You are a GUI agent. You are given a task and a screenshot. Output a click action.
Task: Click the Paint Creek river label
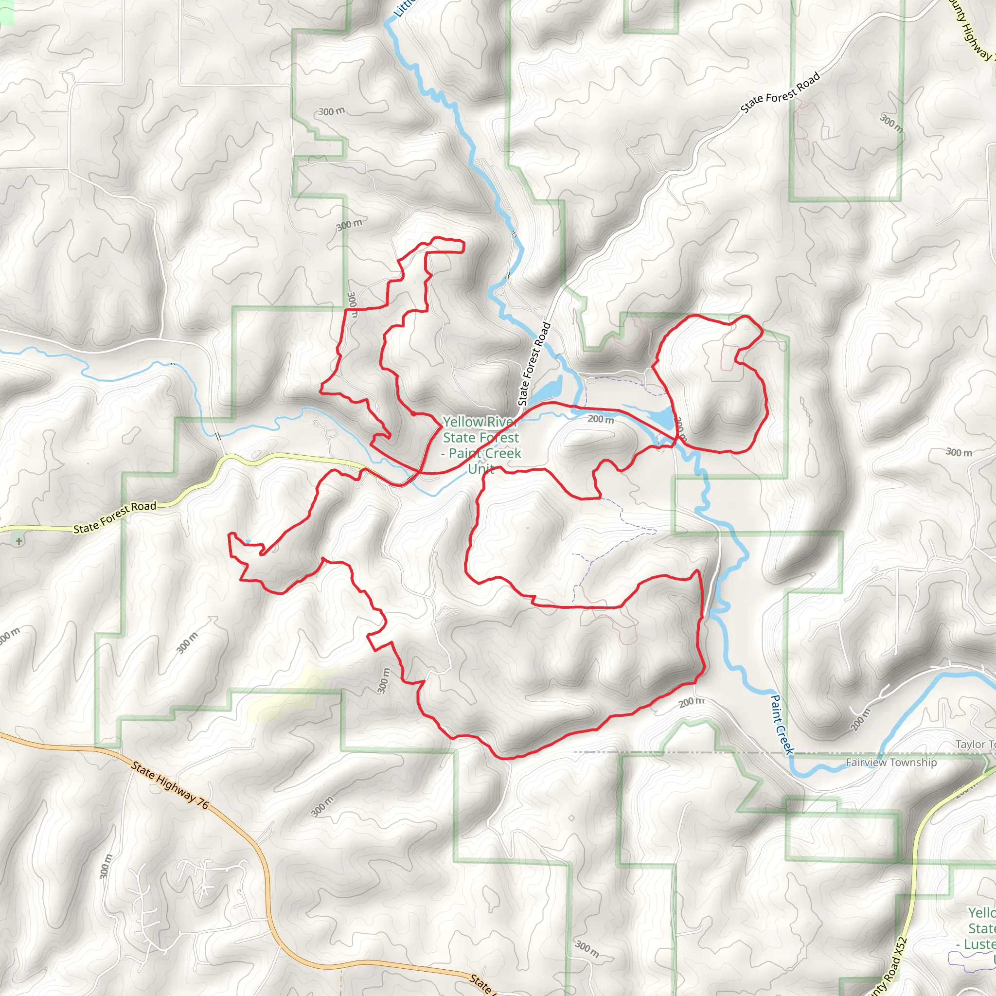[782, 725]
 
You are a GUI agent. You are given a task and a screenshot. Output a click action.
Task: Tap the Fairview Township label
[891, 763]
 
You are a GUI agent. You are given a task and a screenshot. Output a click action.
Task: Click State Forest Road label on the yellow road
[114, 517]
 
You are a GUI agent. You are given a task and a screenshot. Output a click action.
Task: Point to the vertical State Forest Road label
[534, 364]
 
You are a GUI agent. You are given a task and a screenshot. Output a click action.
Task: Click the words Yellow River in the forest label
[479, 422]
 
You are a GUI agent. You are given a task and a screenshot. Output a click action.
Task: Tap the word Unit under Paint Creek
[481, 469]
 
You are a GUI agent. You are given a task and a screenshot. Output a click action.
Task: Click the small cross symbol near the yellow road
[19, 541]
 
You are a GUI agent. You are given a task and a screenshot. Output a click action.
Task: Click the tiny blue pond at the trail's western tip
[248, 541]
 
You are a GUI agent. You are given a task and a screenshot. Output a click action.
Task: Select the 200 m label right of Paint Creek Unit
[601, 420]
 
